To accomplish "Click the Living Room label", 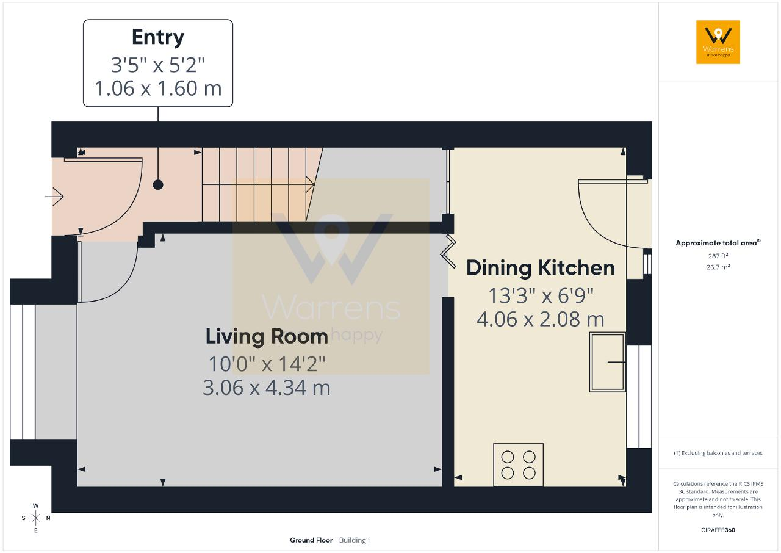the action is [x=267, y=337].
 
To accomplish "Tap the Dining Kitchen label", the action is [x=541, y=268].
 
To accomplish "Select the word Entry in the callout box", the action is [x=158, y=37].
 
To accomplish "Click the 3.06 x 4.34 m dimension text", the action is [x=267, y=388].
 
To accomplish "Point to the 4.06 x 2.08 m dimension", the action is [x=541, y=319].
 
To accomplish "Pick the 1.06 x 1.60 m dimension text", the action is [x=158, y=89].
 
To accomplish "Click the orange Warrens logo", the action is [x=718, y=42].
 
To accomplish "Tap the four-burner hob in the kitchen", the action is [x=518, y=464].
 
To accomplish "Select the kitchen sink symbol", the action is [x=607, y=363].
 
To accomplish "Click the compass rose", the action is [x=35, y=518].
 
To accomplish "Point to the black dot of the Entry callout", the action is [x=158, y=185].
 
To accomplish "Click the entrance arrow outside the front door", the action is [x=54, y=197].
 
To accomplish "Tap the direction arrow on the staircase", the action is [x=258, y=184].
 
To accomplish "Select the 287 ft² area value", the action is [x=718, y=256].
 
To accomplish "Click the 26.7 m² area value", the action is [x=718, y=267].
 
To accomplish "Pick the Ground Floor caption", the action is [x=311, y=540].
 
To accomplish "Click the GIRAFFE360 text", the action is [x=718, y=530].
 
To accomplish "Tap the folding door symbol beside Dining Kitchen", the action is [x=448, y=251].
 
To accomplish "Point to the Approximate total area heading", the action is [x=718, y=243].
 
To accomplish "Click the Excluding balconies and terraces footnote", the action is [x=718, y=453].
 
